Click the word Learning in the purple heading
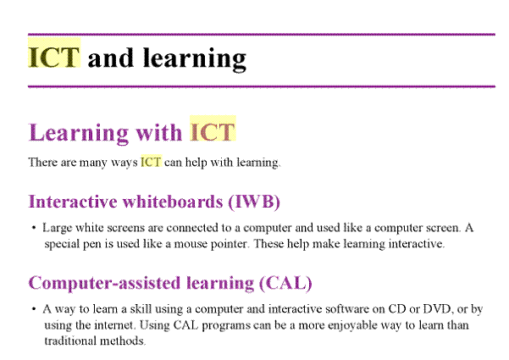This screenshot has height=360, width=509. (78, 133)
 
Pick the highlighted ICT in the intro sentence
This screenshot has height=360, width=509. (151, 162)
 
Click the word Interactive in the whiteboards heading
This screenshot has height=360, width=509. (73, 202)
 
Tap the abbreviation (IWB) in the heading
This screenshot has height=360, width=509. (254, 202)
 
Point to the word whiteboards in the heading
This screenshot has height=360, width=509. (173, 202)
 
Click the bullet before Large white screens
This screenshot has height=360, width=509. (34, 228)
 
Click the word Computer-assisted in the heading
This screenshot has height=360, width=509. (105, 283)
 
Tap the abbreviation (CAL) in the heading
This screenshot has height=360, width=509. (285, 283)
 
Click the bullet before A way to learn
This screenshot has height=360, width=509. (34, 309)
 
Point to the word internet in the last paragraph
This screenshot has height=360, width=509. (114, 325)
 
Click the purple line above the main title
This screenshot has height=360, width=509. (262, 34)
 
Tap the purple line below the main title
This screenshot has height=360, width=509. (262, 86)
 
